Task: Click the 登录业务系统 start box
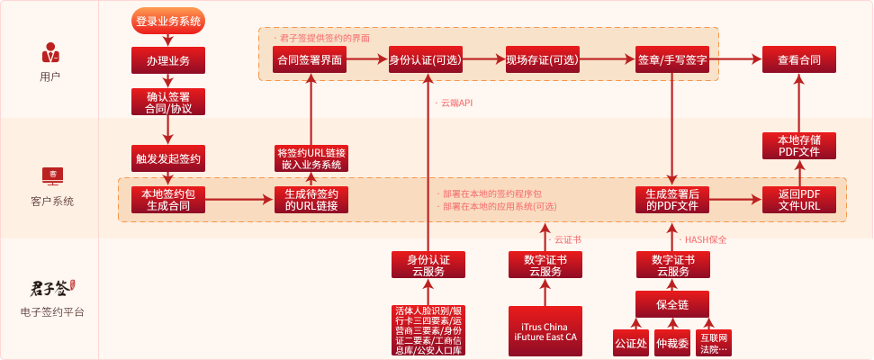[168, 20]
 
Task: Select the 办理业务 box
[168, 60]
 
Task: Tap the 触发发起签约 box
[168, 157]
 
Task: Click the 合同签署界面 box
[311, 60]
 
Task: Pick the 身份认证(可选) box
[427, 60]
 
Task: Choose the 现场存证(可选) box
[543, 60]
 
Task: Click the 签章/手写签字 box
[671, 60]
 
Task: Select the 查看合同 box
[798, 60]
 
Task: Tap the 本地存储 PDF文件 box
[798, 146]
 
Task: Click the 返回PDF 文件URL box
[798, 200]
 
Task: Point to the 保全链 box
[672, 305]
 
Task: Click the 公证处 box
[630, 343]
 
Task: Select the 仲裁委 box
[672, 343]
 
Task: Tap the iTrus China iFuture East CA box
[544, 331]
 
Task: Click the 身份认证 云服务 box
[428, 265]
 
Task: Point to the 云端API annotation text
[456, 103]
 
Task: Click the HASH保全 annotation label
[706, 239]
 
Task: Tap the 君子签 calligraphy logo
[50, 289]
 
